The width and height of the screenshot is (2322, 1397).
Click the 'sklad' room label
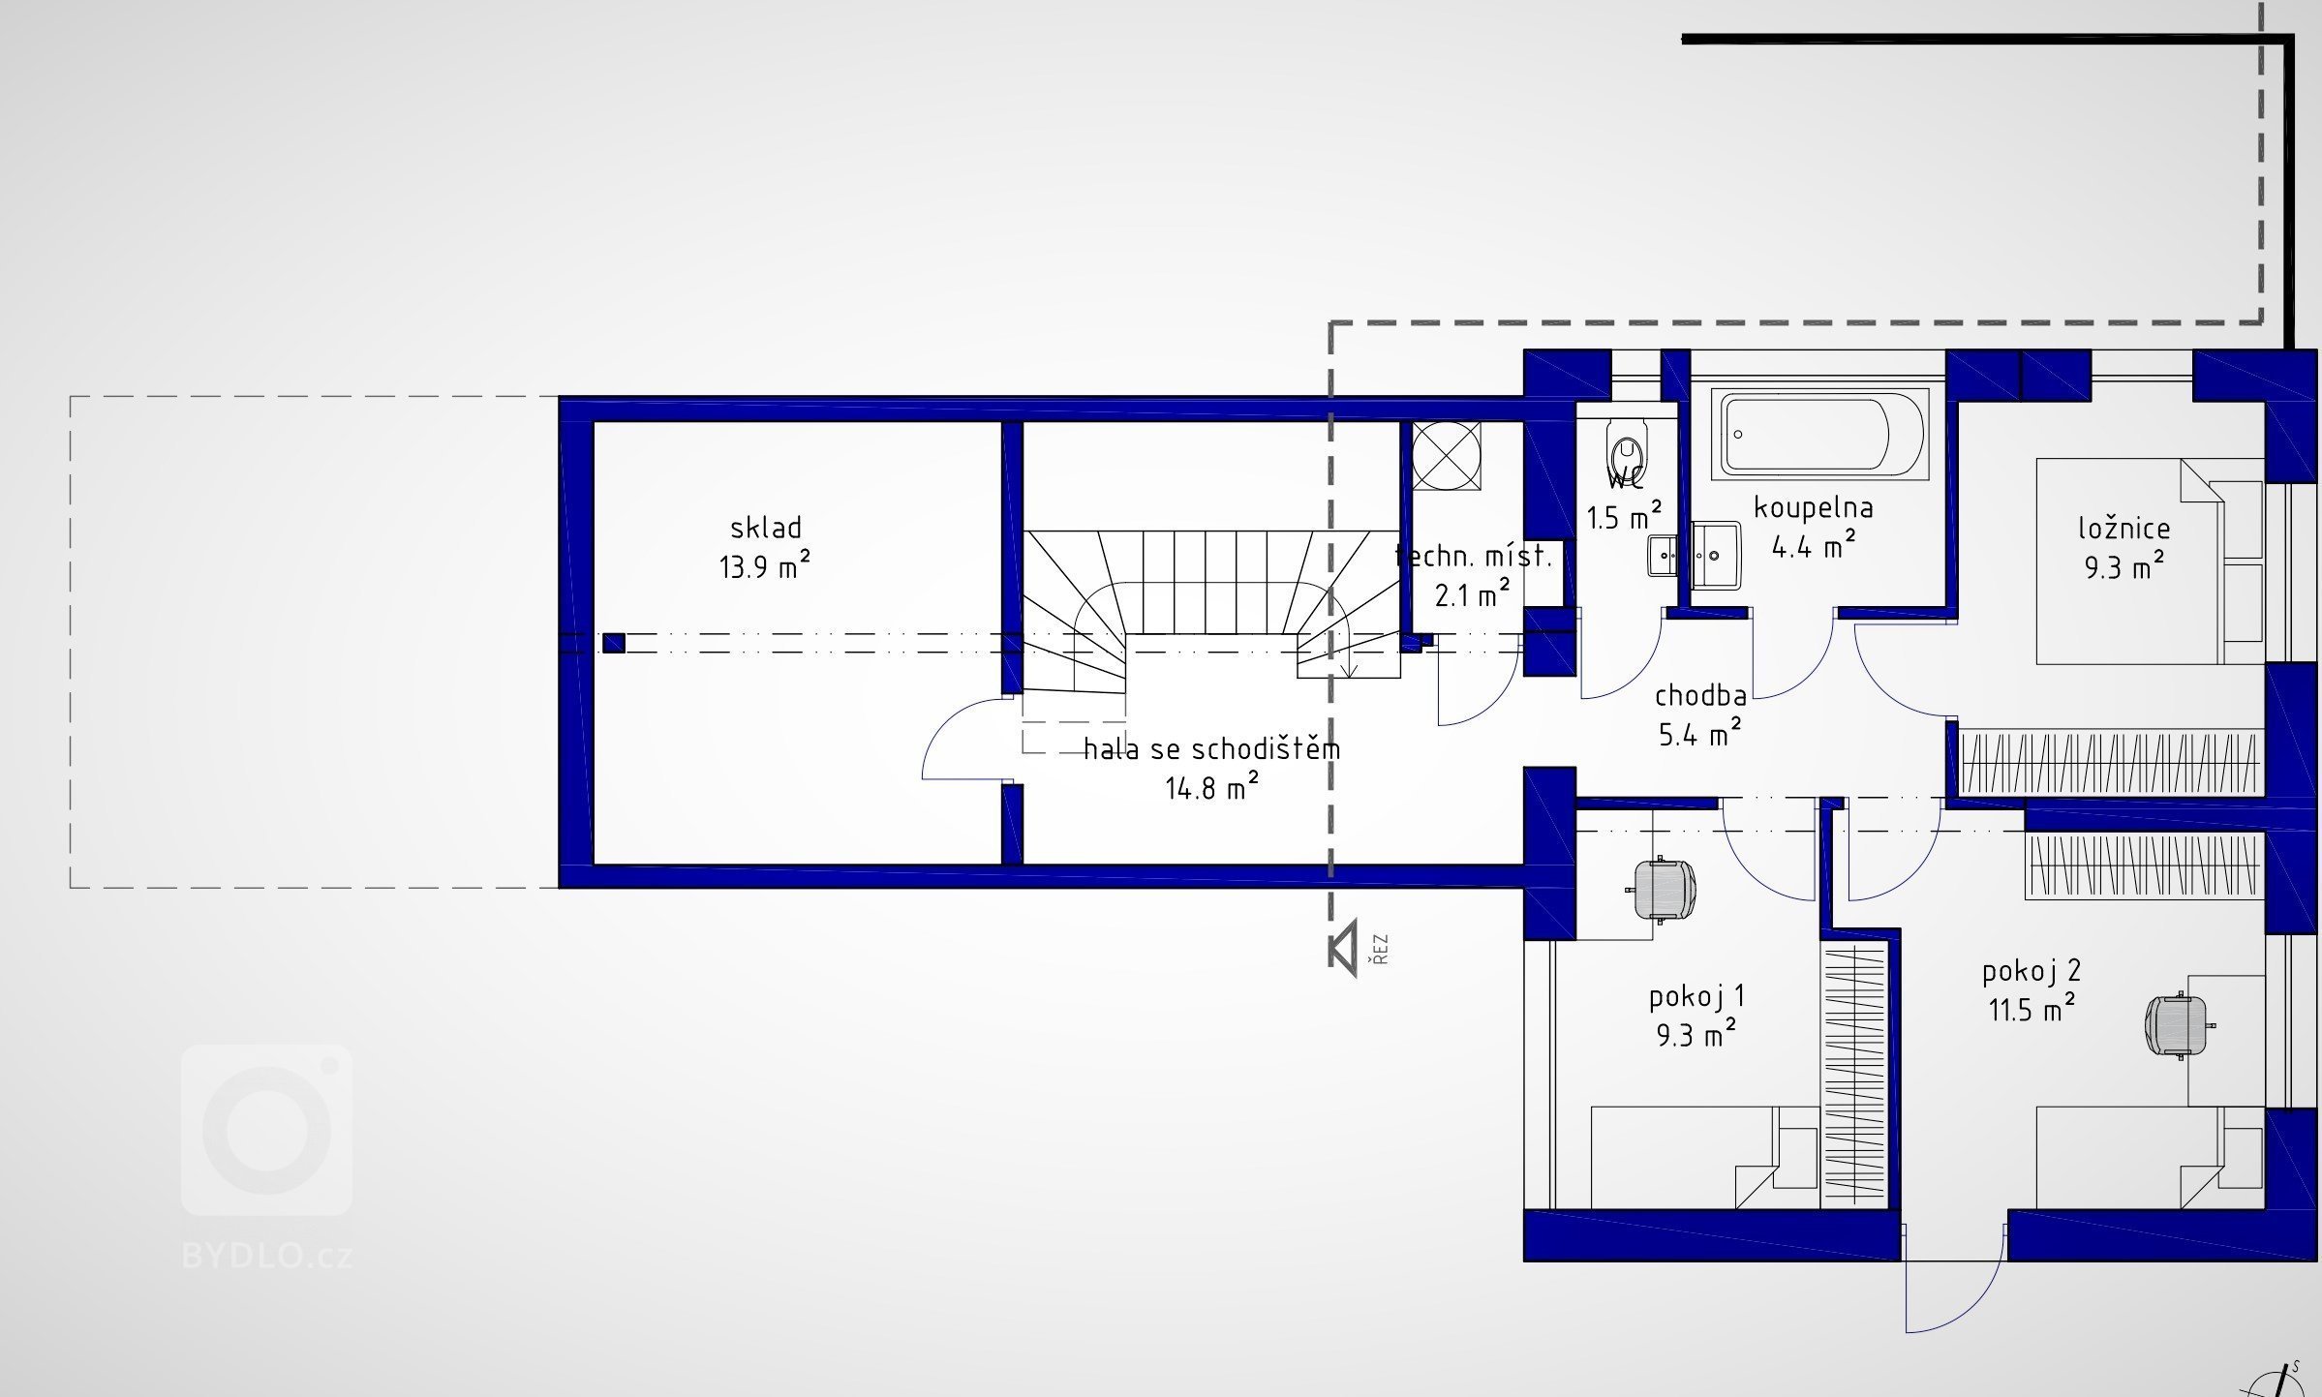click(766, 528)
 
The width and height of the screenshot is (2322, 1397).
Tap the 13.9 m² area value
click(764, 565)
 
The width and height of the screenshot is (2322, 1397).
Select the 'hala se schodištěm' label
click(1212, 749)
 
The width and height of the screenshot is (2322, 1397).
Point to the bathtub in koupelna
click(1819, 435)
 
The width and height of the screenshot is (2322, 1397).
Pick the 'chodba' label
click(1700, 695)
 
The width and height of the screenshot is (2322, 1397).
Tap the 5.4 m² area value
click(1699, 734)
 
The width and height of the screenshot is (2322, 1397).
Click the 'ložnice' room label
click(2124, 529)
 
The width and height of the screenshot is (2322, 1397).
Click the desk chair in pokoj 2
click(2178, 1024)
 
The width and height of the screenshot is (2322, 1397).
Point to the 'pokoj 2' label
click(2030, 971)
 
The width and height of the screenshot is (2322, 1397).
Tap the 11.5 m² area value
click(2032, 1010)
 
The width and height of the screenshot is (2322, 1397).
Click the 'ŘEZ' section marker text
click(1380, 949)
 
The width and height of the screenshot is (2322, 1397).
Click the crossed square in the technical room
click(1447, 455)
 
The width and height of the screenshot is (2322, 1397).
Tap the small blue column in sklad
click(613, 643)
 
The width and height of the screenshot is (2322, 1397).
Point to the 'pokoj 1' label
click(1696, 996)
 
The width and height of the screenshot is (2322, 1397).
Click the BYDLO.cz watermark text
click(267, 1257)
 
